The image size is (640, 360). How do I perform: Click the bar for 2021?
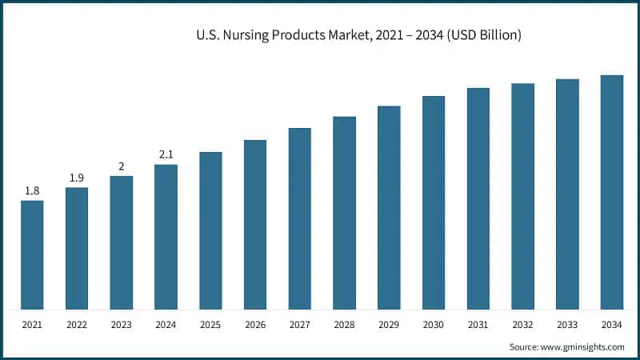[32, 254]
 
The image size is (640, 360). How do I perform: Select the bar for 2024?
[166, 237]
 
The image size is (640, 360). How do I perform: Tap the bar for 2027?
[300, 218]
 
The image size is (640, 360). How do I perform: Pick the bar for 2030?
[434, 202]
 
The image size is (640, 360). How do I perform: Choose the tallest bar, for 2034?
[612, 192]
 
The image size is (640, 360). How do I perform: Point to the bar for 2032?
[523, 196]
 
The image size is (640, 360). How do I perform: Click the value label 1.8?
[32, 190]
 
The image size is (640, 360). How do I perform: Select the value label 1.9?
[77, 178]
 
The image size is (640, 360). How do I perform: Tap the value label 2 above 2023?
[122, 166]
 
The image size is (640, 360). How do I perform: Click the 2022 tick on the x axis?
[77, 324]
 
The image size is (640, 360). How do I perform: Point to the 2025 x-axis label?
[210, 324]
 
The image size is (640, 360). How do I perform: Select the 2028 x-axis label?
[344, 324]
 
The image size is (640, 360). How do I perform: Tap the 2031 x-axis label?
[478, 324]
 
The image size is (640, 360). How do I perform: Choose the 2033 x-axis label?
[567, 324]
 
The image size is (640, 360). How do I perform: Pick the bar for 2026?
[255, 225]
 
